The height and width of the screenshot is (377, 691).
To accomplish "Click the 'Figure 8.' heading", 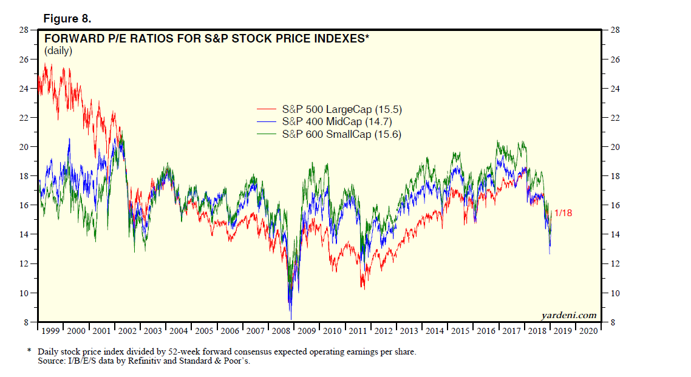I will coord(67,18).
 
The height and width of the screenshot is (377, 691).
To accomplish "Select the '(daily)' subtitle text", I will coord(58,51).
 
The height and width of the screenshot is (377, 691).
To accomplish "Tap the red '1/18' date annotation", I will coord(563,213).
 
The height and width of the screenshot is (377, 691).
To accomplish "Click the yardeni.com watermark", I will coord(568,315).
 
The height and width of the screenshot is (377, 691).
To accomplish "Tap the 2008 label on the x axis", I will coord(281,331).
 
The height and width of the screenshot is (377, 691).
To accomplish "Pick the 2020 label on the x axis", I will coord(588,331).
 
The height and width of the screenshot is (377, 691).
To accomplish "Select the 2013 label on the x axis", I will coord(409,331).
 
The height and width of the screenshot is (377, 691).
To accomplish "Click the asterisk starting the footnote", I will coord(29,352).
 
